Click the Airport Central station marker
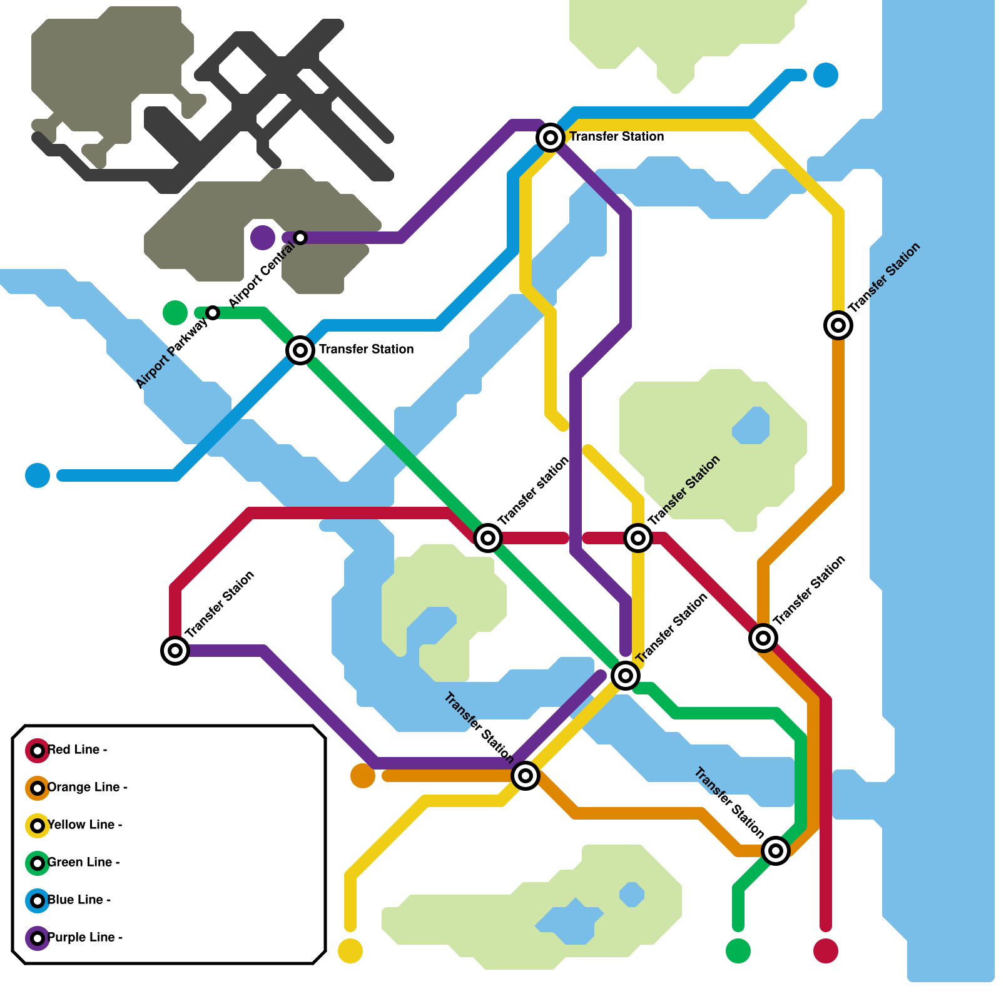[300, 238]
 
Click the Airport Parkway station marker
[213, 313]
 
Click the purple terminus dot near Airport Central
[263, 238]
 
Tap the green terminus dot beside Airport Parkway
[175, 313]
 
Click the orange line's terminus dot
[363, 776]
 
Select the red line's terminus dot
[826, 951]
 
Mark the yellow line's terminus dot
[350, 951]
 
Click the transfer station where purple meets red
[175, 651]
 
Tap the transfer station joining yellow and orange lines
[838, 325]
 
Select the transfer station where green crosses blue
[300, 350]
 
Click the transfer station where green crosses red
[488, 538]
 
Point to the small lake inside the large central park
[751, 425]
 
